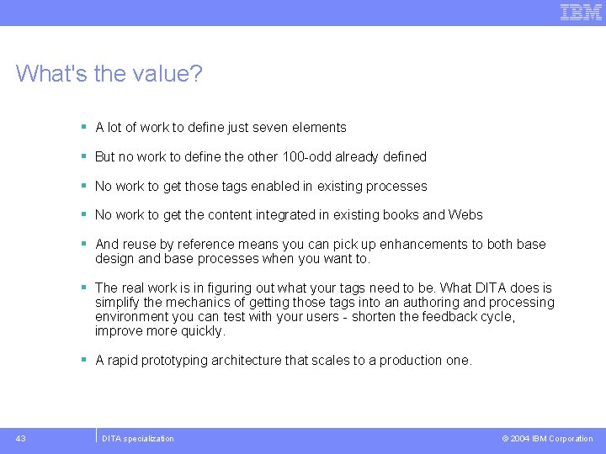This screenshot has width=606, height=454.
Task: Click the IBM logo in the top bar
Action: pos(581,12)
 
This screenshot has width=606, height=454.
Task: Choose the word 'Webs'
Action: pos(465,215)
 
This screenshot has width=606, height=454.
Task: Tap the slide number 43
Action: pos(20,438)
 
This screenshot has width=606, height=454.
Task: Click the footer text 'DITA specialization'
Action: pos(137,439)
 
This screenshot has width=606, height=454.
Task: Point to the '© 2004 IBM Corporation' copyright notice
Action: pos(547,439)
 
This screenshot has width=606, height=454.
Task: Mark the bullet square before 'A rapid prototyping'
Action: pos(84,360)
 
